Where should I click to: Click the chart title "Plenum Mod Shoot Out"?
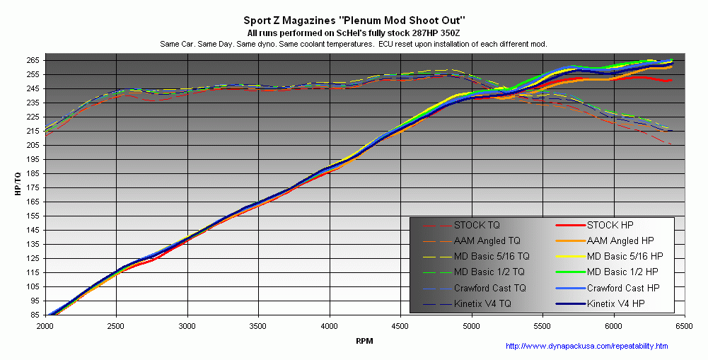(354, 21)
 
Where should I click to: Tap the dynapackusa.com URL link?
(587, 347)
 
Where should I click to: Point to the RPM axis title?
(364, 341)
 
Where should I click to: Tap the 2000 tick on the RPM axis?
(45, 327)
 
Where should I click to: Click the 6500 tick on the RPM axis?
(684, 327)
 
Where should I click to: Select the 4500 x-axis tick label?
(400, 327)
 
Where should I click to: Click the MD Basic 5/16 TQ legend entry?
(491, 257)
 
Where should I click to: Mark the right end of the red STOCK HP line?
(670, 81)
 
